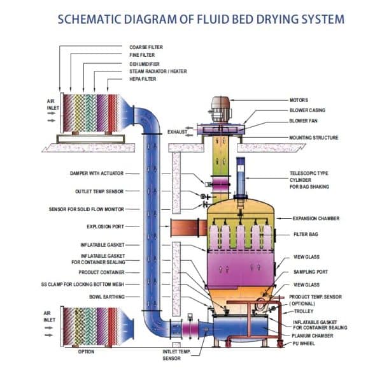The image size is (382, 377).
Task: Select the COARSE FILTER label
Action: pyautogui.click(x=146, y=47)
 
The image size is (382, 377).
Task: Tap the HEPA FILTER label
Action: pyautogui.click(x=144, y=79)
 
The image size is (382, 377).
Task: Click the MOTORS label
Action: pyautogui.click(x=299, y=100)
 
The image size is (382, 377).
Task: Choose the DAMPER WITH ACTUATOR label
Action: pyautogui.click(x=96, y=173)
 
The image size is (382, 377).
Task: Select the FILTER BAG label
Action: pyautogui.click(x=306, y=234)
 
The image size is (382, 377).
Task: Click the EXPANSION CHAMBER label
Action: pyautogui.click(x=316, y=218)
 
